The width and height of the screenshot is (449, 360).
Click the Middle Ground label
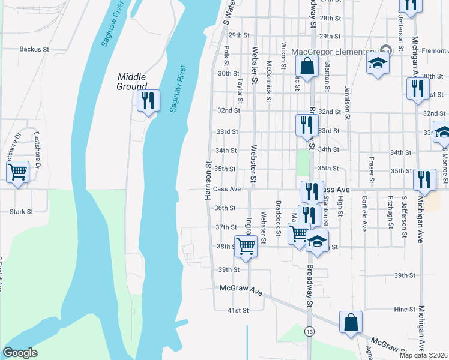click(132, 81)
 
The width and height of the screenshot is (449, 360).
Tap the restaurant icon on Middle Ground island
click(148, 100)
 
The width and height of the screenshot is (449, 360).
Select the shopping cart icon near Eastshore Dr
click(18, 173)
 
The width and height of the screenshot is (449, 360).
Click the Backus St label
click(34, 49)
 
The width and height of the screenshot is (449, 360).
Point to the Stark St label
click(21, 211)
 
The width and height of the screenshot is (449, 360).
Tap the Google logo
click(20, 353)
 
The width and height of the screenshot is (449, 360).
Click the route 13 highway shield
click(309, 331)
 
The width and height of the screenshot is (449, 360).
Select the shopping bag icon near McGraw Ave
click(351, 322)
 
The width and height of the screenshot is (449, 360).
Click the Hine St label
click(405, 310)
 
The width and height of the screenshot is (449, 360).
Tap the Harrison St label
click(208, 180)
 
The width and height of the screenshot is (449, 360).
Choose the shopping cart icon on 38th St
click(246, 245)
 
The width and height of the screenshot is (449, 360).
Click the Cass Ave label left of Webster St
click(227, 189)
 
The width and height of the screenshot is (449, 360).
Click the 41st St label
click(238, 310)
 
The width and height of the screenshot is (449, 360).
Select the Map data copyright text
click(419, 355)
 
